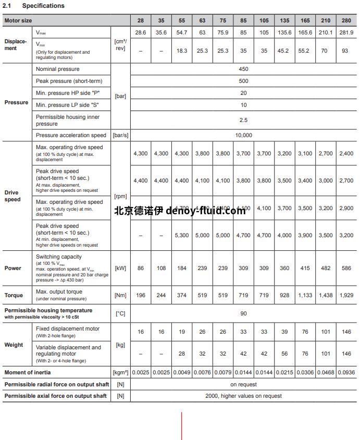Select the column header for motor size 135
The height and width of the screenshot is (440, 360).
tap(284, 20)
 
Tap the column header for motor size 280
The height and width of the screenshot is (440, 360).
tap(346, 20)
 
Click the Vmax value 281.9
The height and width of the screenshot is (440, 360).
tap(346, 32)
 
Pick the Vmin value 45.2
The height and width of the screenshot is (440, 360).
tap(284, 51)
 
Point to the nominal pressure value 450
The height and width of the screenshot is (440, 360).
tap(243, 69)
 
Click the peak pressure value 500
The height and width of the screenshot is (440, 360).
tap(243, 81)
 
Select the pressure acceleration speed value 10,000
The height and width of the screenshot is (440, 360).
tap(243, 135)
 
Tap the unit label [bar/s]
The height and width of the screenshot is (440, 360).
tap(120, 135)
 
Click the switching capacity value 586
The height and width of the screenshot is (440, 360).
tap(346, 268)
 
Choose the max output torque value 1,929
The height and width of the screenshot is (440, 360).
tap(346, 295)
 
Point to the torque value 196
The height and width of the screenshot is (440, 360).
tap(140, 295)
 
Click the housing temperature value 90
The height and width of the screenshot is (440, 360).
tap(243, 313)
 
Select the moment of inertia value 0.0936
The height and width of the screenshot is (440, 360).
tap(346, 372)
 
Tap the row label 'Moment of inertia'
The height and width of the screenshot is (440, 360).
tap(31, 372)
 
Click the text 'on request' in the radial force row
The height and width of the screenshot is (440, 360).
tap(243, 384)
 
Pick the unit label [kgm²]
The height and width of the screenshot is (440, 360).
tap(120, 372)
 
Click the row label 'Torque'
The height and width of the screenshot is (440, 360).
tap(14, 295)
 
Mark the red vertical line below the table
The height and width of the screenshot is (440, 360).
tap(181, 426)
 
